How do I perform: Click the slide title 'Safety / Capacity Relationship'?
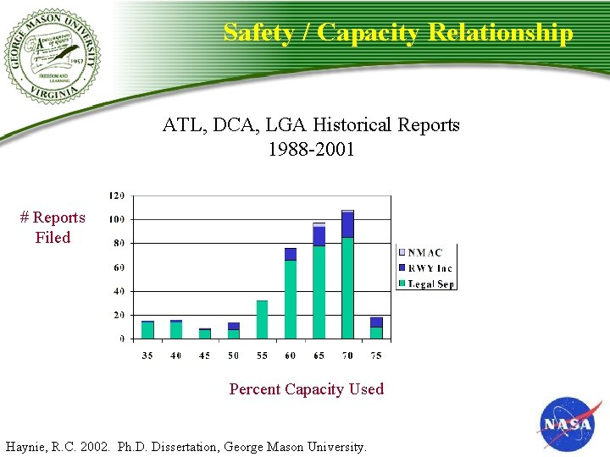(x=398, y=33)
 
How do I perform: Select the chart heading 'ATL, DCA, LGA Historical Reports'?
(x=311, y=125)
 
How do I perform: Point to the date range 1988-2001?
(x=311, y=150)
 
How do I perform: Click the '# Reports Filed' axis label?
(x=53, y=228)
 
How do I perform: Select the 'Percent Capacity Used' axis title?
(x=306, y=389)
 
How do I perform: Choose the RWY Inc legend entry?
(x=426, y=268)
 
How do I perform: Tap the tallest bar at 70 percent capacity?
(x=347, y=275)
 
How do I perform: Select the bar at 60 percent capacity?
(x=291, y=295)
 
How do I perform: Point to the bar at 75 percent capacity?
(x=376, y=328)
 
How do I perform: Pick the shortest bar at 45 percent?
(x=205, y=333)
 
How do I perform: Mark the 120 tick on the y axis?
(x=117, y=195)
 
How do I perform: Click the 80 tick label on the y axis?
(x=119, y=244)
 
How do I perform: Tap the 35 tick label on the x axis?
(x=148, y=355)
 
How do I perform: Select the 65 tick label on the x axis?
(x=319, y=355)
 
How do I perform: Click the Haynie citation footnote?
(x=186, y=446)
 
